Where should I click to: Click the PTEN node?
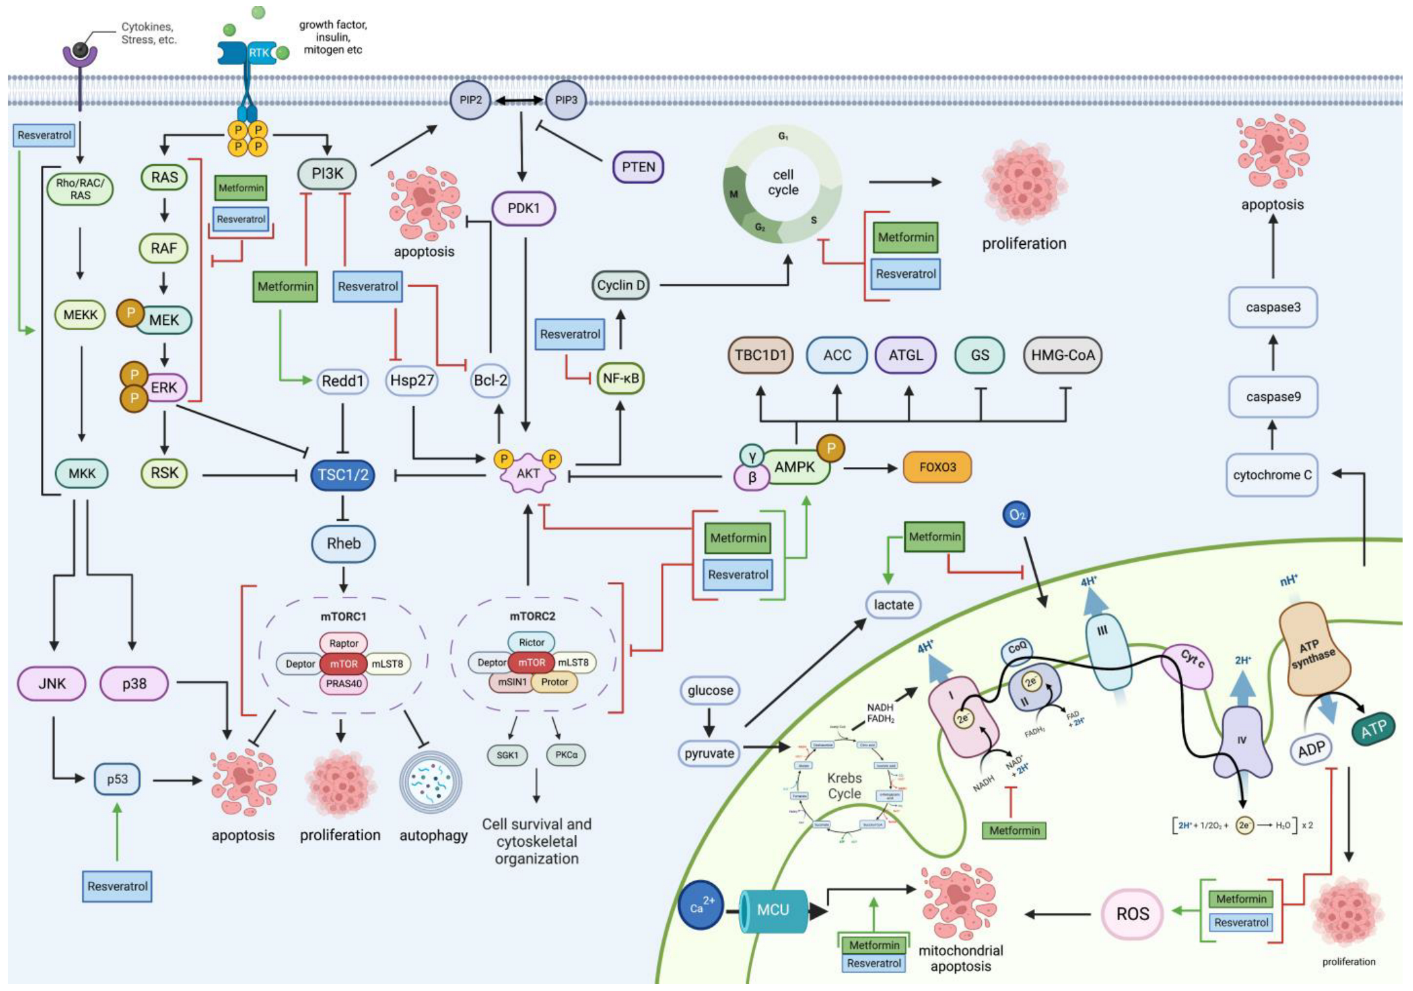pos(638,167)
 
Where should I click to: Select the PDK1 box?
pos(523,208)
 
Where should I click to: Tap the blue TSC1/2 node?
pos(343,475)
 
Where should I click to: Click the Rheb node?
pos(343,544)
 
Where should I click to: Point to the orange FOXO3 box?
pos(937,467)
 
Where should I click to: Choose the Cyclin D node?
pos(621,285)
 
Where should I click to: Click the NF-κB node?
pos(621,379)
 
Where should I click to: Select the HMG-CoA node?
pos(1062,355)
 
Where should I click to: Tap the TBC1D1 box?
pos(760,355)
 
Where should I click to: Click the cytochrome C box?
pos(1271,475)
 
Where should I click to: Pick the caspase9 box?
pos(1273,397)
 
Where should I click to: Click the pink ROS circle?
pos(1132,914)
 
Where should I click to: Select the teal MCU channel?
pos(773,910)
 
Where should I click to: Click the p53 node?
pos(117,779)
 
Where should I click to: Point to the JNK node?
pos(52,683)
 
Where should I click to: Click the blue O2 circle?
pos(1016,515)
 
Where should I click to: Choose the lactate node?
pos(894,605)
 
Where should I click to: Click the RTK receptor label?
pos(258,53)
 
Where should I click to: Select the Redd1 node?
pos(343,381)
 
